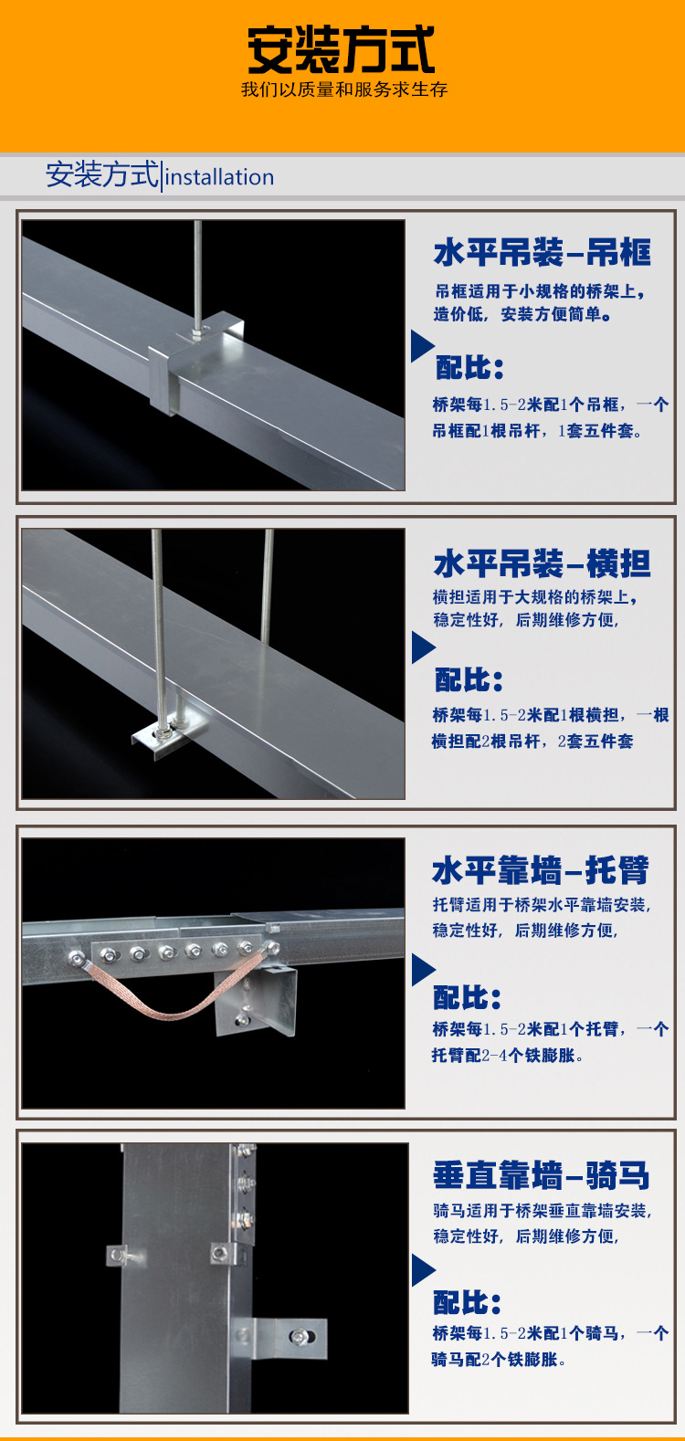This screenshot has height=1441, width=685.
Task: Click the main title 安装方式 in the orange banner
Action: (x=342, y=49)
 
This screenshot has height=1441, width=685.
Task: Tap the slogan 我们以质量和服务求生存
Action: (x=344, y=89)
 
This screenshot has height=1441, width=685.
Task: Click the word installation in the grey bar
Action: (x=219, y=177)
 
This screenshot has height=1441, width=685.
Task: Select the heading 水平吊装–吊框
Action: (x=543, y=252)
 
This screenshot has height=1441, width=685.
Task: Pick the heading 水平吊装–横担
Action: (x=543, y=563)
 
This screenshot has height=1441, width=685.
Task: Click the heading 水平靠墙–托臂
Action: (x=541, y=870)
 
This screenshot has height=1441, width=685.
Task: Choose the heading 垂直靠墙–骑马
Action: (x=541, y=1175)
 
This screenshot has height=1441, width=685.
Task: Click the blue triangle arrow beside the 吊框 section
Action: (x=422, y=345)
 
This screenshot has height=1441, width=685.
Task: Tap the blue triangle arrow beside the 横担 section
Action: (x=423, y=647)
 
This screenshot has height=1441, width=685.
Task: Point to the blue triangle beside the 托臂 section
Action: (x=423, y=970)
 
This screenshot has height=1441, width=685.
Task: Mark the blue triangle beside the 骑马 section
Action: (x=423, y=1270)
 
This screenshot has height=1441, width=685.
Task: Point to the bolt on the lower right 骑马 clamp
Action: (x=300, y=1338)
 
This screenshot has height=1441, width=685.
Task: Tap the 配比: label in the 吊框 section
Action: (x=469, y=368)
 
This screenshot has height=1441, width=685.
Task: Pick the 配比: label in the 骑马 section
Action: (x=467, y=1303)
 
